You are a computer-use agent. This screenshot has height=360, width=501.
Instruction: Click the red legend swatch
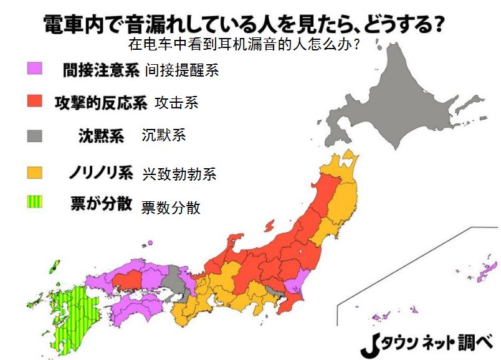pyautogui.click(x=34, y=102)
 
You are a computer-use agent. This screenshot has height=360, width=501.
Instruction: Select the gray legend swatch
pyautogui.click(x=34, y=135)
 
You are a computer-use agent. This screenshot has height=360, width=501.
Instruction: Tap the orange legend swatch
pyautogui.click(x=34, y=170)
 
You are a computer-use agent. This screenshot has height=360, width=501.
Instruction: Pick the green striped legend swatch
pyautogui.click(x=34, y=202)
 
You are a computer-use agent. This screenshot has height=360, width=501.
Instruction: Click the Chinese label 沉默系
pyautogui.click(x=164, y=135)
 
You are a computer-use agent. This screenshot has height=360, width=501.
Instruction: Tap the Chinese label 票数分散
pyautogui.click(x=171, y=207)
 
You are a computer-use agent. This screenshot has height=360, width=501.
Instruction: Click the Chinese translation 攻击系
pyautogui.click(x=176, y=103)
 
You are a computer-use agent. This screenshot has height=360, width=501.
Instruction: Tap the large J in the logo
pyautogui.click(x=370, y=344)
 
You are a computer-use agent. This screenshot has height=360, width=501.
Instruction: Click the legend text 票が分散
pyautogui.click(x=100, y=204)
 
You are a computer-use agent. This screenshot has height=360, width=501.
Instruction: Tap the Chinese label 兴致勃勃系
pyautogui.click(x=179, y=174)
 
